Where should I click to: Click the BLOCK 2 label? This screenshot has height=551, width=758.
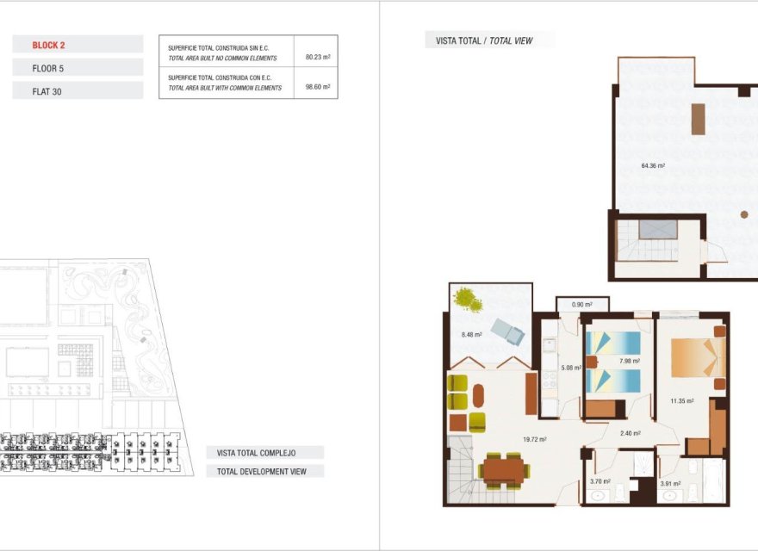point(49,45)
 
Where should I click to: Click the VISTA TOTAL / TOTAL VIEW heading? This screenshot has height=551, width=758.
point(488,40)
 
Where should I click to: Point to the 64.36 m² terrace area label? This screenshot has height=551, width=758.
point(653,165)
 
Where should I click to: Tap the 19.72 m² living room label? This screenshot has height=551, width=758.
point(534,439)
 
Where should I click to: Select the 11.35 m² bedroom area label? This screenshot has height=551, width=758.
point(682,400)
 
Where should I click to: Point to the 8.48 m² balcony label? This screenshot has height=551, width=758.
point(470,335)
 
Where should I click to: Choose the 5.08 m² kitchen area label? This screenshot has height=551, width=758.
point(572,368)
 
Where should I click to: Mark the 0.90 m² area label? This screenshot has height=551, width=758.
point(581,304)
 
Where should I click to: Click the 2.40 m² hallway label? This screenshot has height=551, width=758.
point(631,433)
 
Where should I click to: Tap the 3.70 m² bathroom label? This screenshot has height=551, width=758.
point(600,481)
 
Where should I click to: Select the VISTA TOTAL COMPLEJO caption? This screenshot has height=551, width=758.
point(257,452)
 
